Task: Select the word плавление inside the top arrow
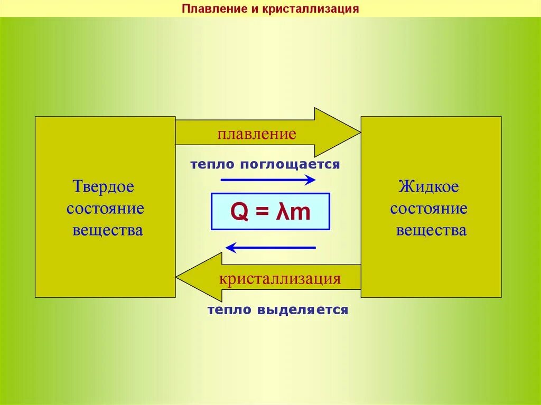(256, 134)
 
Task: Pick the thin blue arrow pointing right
(268, 180)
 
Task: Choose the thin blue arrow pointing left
(270, 247)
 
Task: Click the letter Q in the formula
(239, 212)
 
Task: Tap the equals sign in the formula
(263, 212)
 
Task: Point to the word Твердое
(104, 186)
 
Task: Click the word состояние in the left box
(105, 208)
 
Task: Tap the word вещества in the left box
(107, 231)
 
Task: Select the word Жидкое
(428, 186)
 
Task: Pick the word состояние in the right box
(429, 208)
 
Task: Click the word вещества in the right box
(431, 231)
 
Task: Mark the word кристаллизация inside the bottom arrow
(280, 278)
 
